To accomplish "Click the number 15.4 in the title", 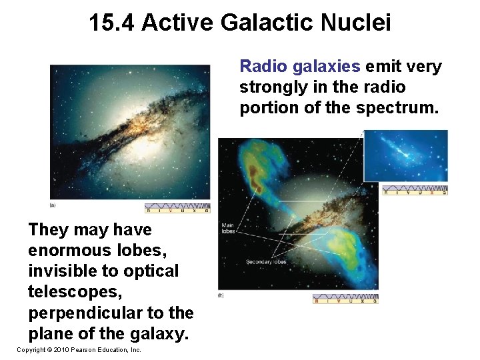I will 112,23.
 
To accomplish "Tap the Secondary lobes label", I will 265,262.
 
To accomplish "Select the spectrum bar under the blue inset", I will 414,191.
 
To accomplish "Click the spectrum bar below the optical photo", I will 177,209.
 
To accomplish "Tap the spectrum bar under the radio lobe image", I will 345,299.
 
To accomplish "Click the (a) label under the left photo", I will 53,205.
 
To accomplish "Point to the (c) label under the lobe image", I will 221,295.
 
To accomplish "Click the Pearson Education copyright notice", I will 79,350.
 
